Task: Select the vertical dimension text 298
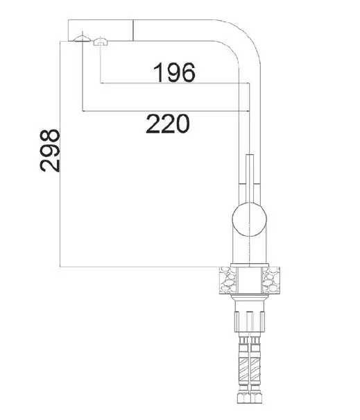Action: [50, 149]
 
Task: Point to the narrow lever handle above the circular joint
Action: [250, 177]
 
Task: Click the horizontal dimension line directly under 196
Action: [173, 85]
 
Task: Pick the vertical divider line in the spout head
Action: [132, 31]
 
